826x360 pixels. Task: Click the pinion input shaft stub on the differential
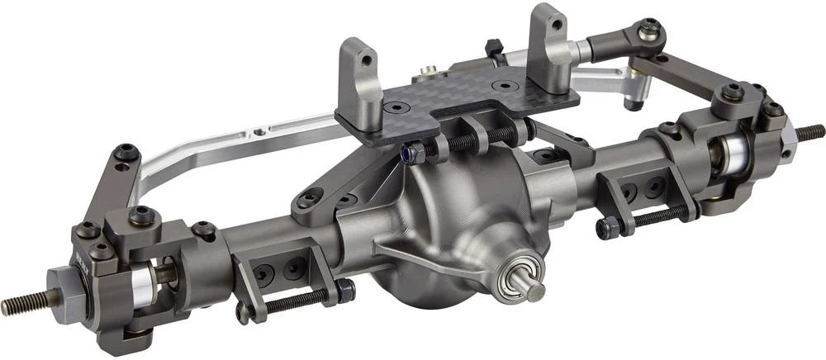click(x=535, y=290)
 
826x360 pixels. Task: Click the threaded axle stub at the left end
click(x=21, y=305)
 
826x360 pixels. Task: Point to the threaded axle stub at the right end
click(x=810, y=132)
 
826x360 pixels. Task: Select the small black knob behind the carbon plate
click(x=492, y=45)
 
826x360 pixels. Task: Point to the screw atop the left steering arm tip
click(x=126, y=151)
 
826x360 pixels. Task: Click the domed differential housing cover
click(x=463, y=223)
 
